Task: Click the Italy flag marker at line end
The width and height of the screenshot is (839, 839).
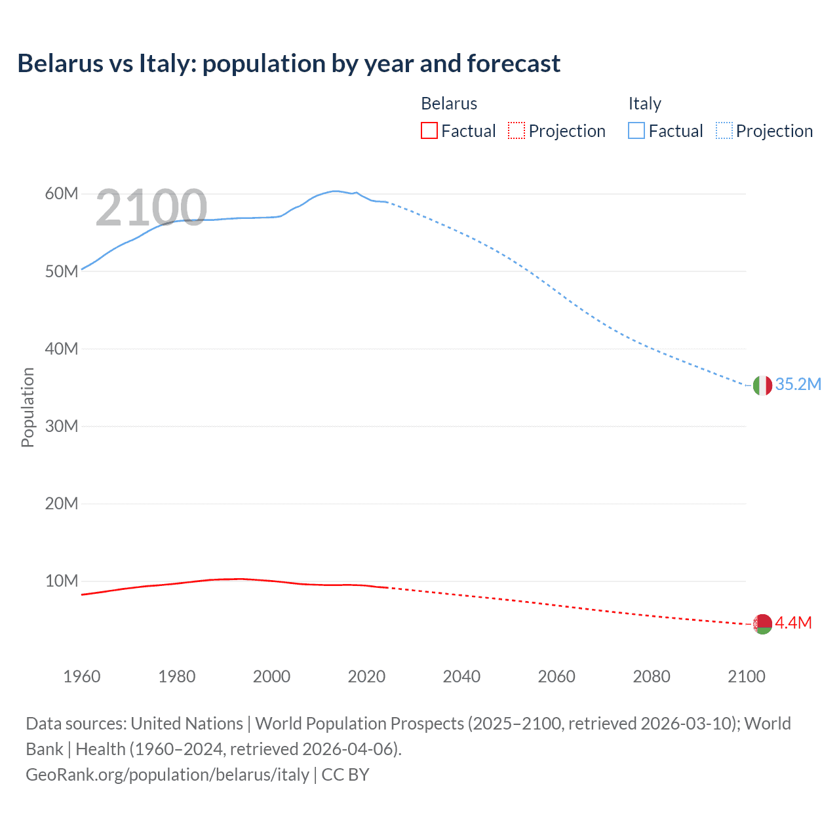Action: click(762, 385)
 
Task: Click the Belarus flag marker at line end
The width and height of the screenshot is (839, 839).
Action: click(762, 624)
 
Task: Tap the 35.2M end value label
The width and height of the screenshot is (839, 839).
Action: click(798, 385)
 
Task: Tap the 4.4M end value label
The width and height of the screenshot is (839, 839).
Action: click(793, 623)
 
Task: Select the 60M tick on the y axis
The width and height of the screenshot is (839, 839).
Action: click(62, 194)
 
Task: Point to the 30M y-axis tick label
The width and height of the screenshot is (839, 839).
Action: click(62, 427)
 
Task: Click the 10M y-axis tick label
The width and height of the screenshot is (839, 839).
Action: click(62, 581)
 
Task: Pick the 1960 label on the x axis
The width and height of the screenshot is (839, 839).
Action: click(82, 676)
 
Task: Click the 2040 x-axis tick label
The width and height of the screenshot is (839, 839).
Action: click(461, 676)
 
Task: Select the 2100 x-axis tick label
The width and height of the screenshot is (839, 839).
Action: click(746, 676)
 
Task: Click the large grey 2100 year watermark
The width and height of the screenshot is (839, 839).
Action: click(151, 208)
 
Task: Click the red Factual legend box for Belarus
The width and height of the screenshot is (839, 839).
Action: click(429, 131)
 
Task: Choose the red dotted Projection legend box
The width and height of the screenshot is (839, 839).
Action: click(517, 131)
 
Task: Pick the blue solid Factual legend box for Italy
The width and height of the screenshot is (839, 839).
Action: click(636, 131)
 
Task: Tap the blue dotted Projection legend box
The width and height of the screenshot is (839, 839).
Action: click(724, 131)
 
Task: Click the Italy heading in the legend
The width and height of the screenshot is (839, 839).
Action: click(645, 104)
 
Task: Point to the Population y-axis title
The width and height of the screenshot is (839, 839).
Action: click(28, 407)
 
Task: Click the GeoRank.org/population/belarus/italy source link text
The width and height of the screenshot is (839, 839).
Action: click(167, 775)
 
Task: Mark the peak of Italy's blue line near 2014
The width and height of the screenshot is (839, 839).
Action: click(336, 191)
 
